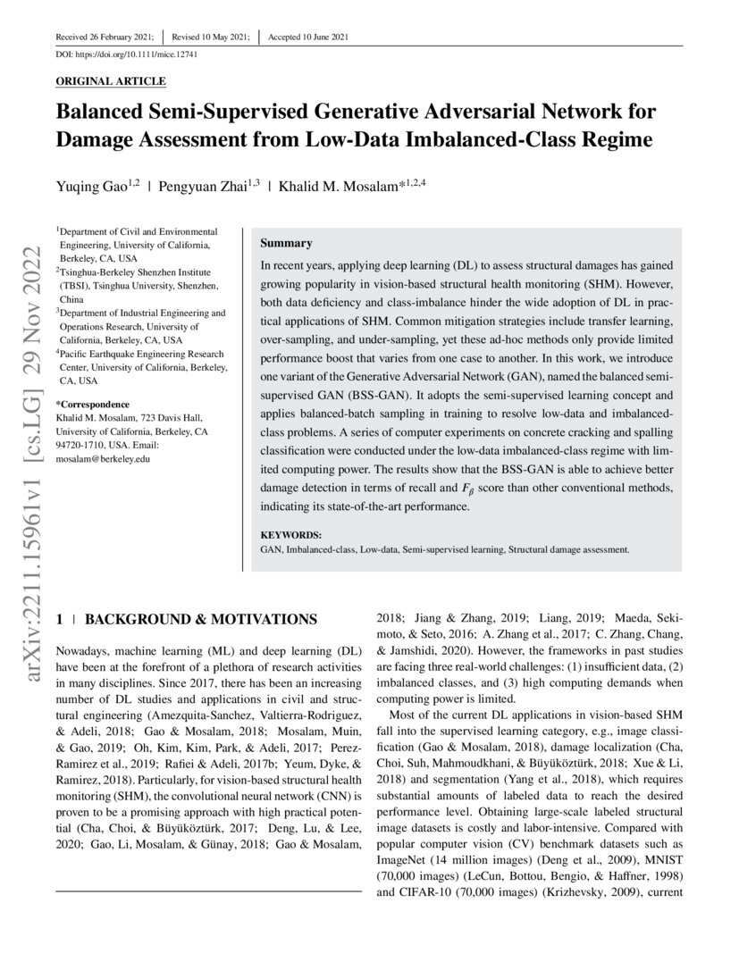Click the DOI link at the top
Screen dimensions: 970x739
pos(126,54)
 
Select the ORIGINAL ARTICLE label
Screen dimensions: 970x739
pos(111,81)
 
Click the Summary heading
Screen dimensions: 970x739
pos(286,243)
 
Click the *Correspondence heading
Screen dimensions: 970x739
pos(92,404)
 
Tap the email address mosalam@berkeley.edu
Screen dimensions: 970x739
pos(103,458)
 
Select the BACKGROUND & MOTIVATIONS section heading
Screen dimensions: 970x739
pos(200,618)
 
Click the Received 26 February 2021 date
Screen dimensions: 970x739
pos(105,37)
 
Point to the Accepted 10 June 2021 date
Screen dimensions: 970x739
pos(308,37)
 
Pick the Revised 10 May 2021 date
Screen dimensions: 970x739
pos(206,37)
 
